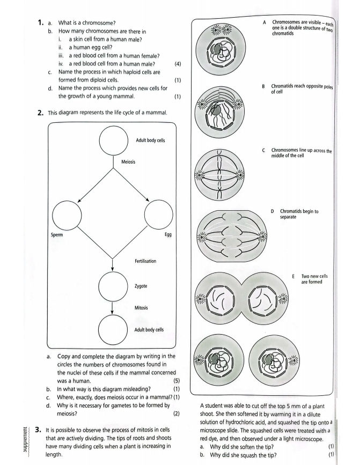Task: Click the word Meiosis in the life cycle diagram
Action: pyautogui.click(x=127, y=165)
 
